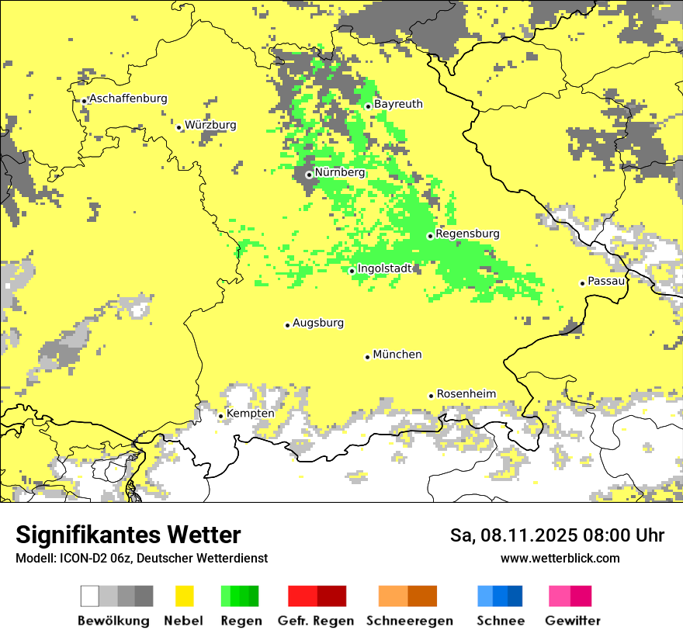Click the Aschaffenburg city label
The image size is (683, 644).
pos(128,99)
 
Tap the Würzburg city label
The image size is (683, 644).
pos(210,125)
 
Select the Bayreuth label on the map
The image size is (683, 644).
pos(398,104)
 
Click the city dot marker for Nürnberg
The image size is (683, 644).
pos(309,175)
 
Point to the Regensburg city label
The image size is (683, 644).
pos(467,234)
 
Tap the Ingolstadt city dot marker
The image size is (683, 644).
pos(352,271)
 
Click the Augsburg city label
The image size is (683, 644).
pos(318,323)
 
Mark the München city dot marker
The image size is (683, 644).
pos(367,357)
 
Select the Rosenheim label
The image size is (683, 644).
pos(466,393)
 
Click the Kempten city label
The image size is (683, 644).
pos(250,414)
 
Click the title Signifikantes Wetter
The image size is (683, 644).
pos(128,535)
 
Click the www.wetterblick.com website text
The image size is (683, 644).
pos(560,558)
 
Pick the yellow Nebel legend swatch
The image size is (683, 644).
pos(184,596)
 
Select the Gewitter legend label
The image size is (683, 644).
pos(572,621)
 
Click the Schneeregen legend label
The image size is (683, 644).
pos(410,621)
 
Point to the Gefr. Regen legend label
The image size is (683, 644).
pos(316,621)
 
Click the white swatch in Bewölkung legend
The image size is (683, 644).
pos(89,596)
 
